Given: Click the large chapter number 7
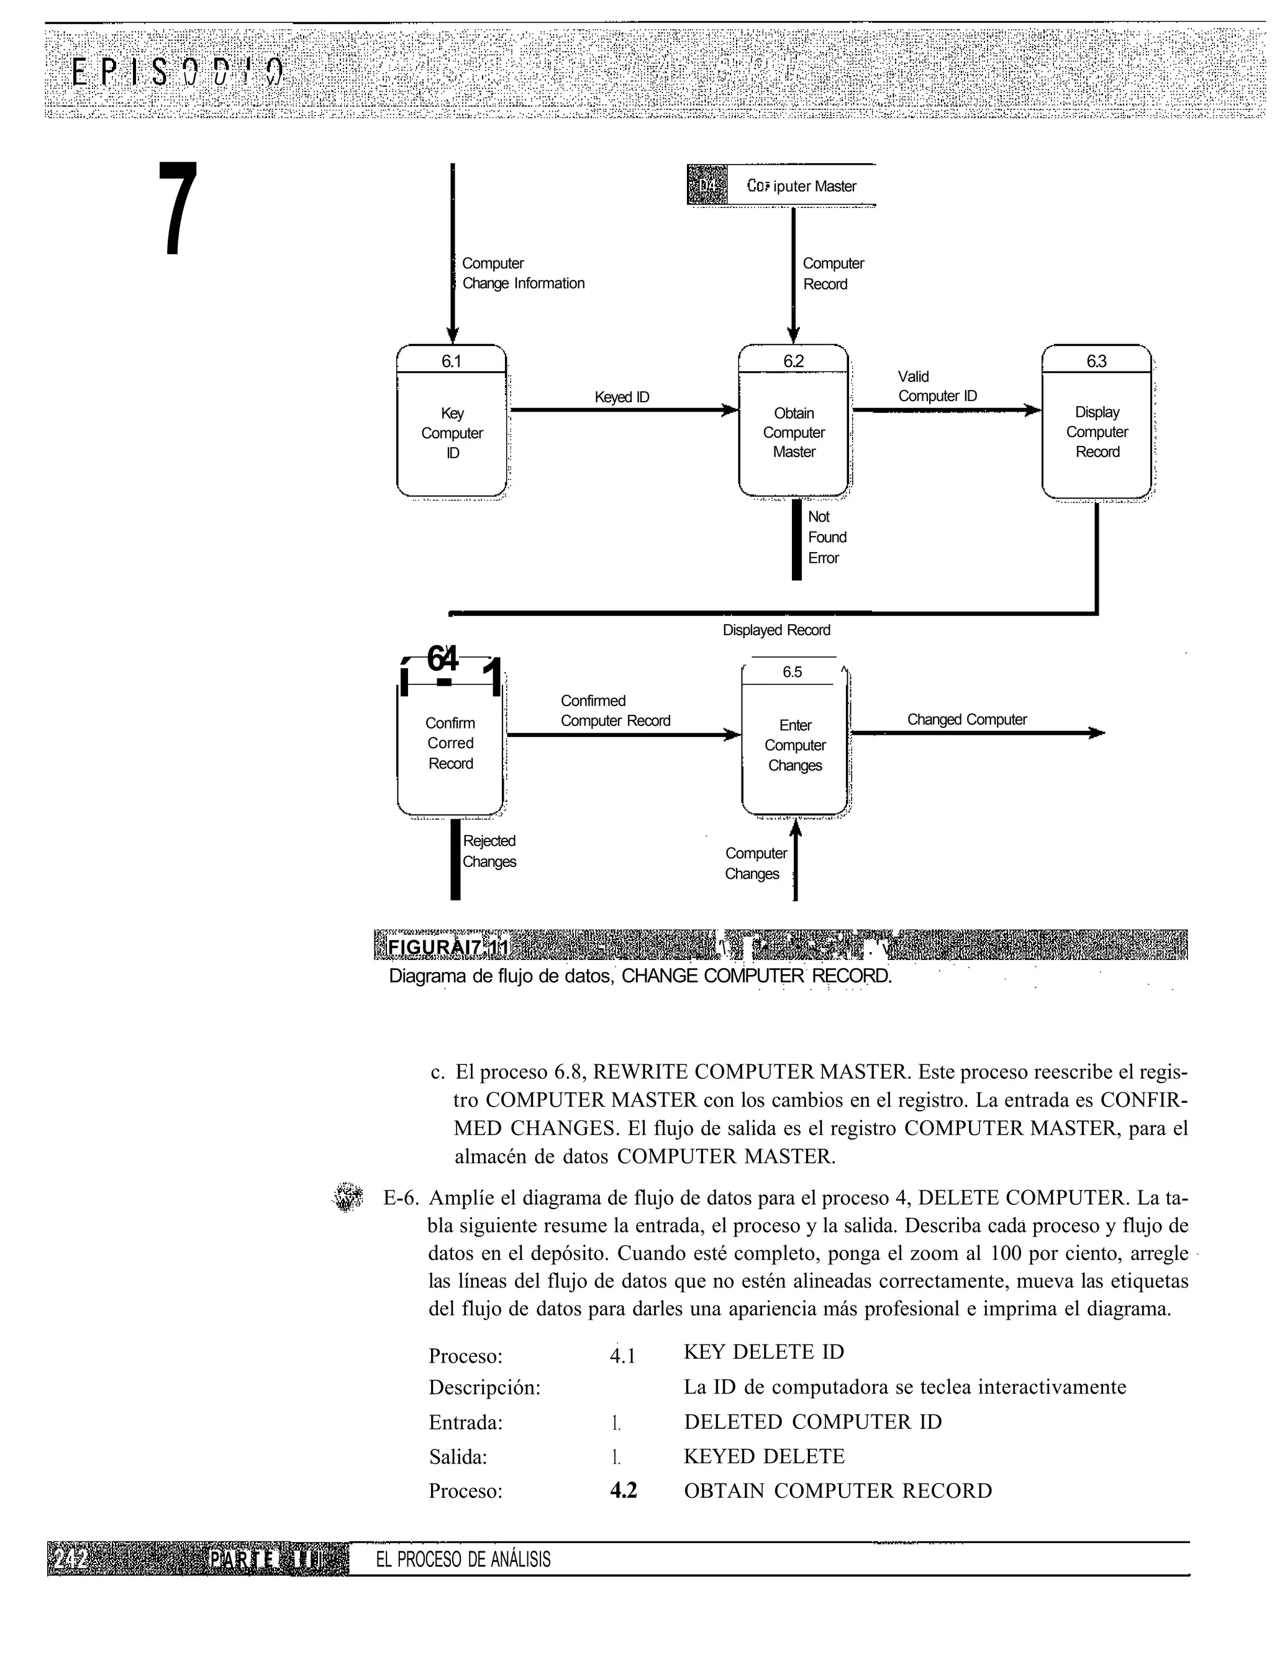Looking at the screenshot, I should click(x=178, y=208).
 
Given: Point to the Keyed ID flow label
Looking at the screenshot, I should click(x=622, y=397).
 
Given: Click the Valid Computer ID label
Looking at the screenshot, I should click(x=937, y=386).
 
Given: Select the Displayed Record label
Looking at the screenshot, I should click(x=776, y=630).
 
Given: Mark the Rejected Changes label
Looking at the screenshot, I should click(x=489, y=851).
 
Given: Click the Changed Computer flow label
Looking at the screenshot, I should click(x=967, y=719).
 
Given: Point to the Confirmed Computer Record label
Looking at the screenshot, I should click(x=615, y=711).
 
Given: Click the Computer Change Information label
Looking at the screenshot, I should click(x=522, y=273).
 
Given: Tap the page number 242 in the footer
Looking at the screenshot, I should click(x=70, y=1559).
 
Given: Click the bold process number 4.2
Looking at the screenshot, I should click(x=623, y=1490).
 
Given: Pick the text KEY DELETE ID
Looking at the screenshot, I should click(x=763, y=1351).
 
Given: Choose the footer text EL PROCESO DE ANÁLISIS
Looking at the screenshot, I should click(x=463, y=1559).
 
